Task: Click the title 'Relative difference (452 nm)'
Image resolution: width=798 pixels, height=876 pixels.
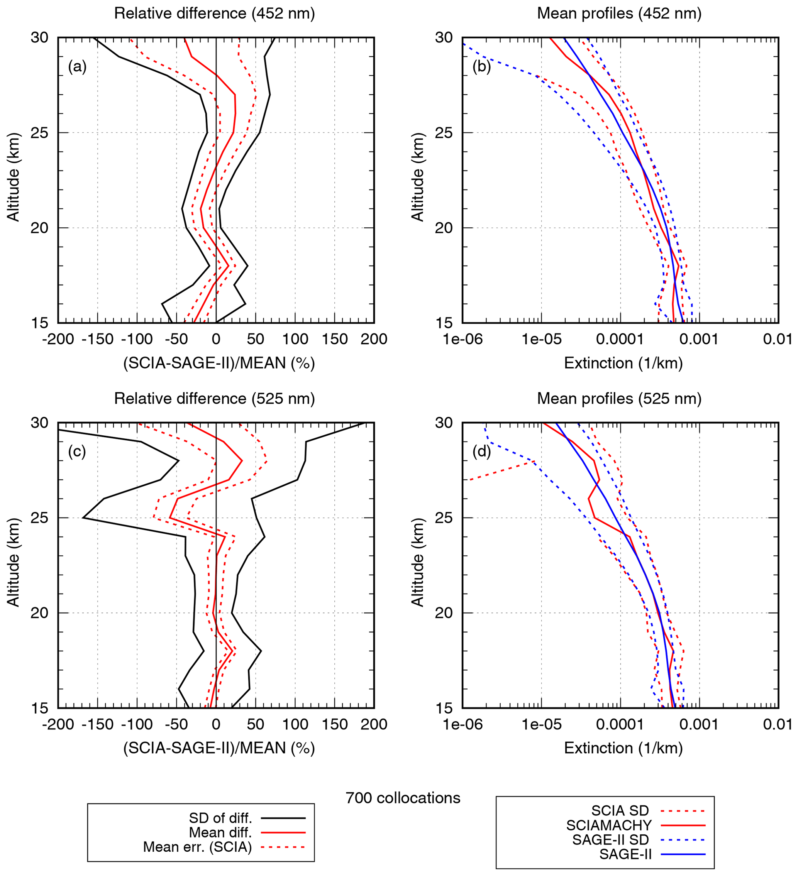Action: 214,14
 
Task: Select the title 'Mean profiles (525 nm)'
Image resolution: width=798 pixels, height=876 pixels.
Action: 619,399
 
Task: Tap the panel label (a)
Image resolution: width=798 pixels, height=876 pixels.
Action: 77,66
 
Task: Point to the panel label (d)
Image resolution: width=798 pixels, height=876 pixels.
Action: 481,452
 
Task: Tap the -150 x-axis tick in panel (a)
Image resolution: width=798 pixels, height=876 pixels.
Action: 97,339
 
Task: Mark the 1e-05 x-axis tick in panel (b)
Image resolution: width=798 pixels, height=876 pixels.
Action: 541,339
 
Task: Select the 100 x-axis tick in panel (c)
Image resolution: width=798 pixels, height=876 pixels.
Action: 295,724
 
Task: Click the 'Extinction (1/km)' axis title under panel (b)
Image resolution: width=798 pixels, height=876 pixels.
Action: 623,363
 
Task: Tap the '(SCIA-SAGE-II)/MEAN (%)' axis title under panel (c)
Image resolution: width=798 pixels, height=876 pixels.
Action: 219,748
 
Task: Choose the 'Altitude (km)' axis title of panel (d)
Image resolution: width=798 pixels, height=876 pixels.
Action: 417,562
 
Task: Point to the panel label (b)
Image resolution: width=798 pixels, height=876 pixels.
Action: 481,66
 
